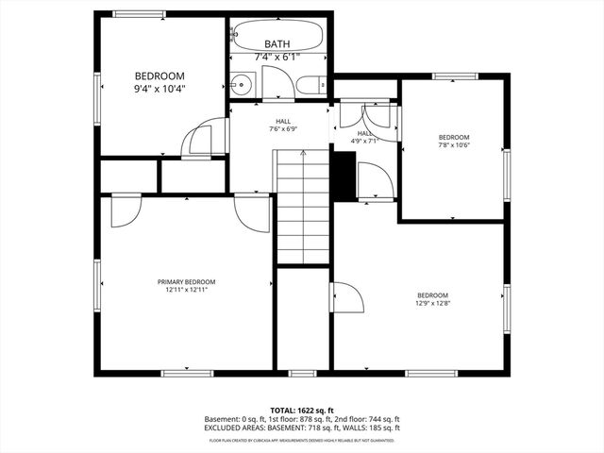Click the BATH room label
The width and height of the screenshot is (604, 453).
[277, 44]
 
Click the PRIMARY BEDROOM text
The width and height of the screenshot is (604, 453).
[186, 282]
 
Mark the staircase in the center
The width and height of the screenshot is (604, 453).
[302, 208]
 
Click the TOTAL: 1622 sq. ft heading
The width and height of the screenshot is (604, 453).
[302, 411]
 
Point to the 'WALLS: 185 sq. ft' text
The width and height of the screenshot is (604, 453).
[368, 428]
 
